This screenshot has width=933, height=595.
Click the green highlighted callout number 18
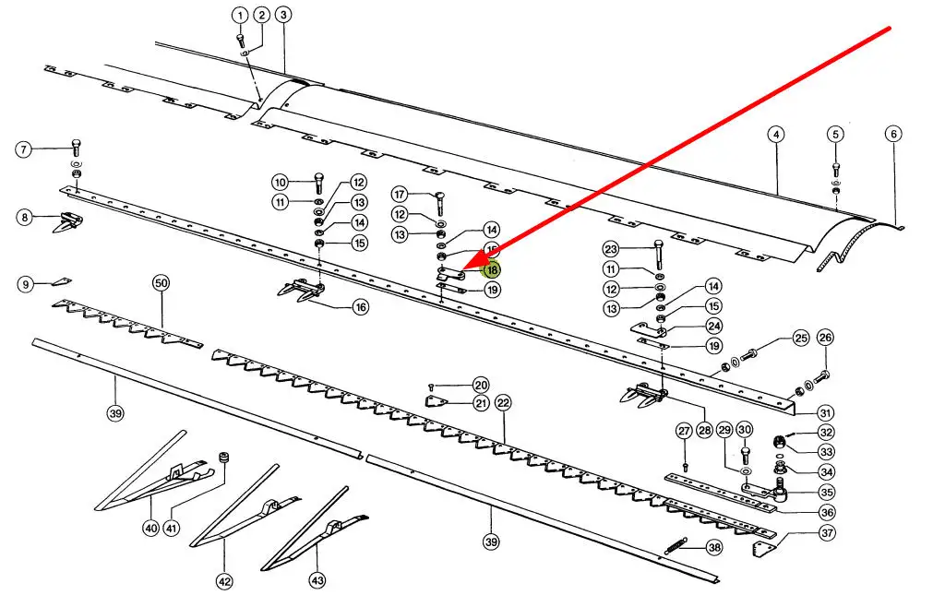tap(492, 269)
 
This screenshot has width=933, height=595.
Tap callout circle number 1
tap(240, 16)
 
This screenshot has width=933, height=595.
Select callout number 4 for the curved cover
tap(776, 134)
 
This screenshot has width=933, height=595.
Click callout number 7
tap(24, 149)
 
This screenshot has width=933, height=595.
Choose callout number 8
tap(24, 218)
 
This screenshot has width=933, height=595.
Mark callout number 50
tap(161, 284)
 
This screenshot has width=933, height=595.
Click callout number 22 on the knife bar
tap(503, 402)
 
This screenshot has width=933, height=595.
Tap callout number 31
tap(825, 412)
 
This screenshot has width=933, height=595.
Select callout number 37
tap(827, 532)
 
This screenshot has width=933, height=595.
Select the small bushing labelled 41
tap(222, 458)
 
